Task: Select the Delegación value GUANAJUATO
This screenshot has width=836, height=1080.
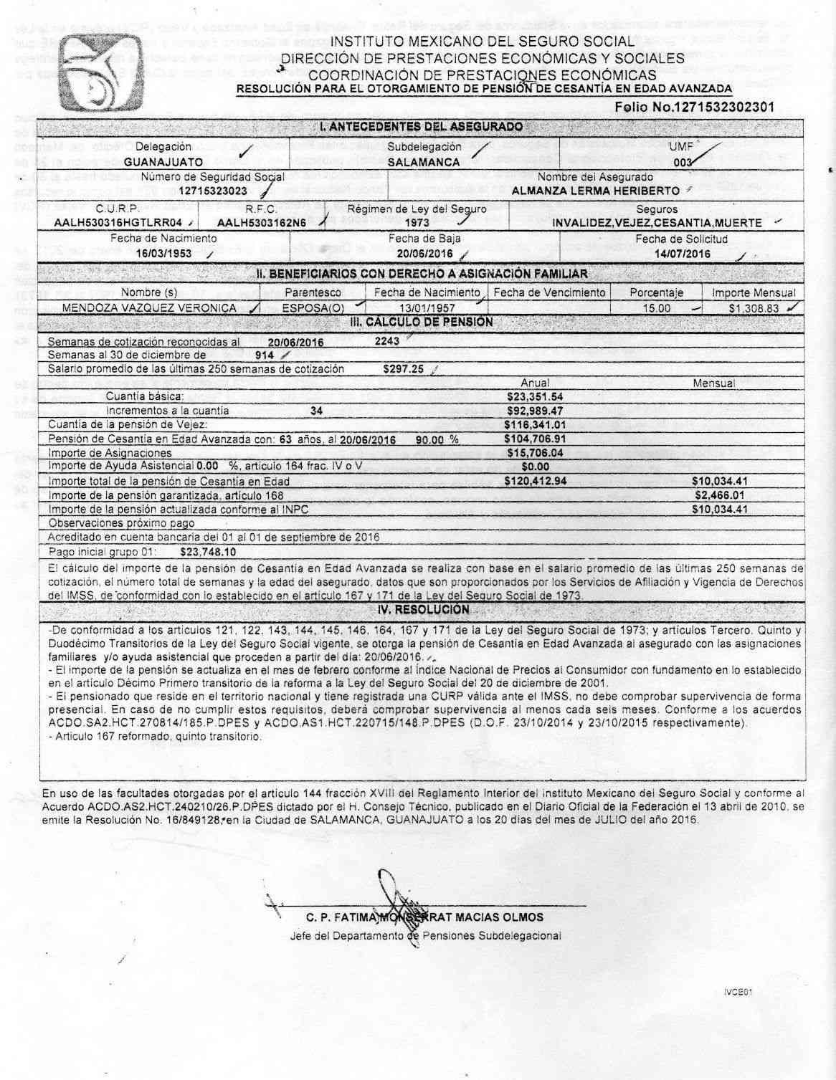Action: coord(163,162)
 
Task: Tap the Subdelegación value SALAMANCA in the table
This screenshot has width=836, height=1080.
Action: coord(423,162)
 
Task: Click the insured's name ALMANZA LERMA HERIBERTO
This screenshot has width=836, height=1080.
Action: coord(595,191)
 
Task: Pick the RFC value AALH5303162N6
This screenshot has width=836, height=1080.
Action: coord(262,223)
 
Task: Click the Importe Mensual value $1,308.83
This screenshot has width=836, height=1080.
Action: coord(752,308)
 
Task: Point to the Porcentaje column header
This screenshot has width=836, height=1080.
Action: coord(656,292)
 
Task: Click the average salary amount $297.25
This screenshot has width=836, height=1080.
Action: coord(404,369)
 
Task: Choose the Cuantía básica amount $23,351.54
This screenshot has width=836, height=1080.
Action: coord(535,396)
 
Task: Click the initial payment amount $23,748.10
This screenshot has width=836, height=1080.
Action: coord(209,552)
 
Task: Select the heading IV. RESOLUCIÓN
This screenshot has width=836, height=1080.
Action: coord(423,610)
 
